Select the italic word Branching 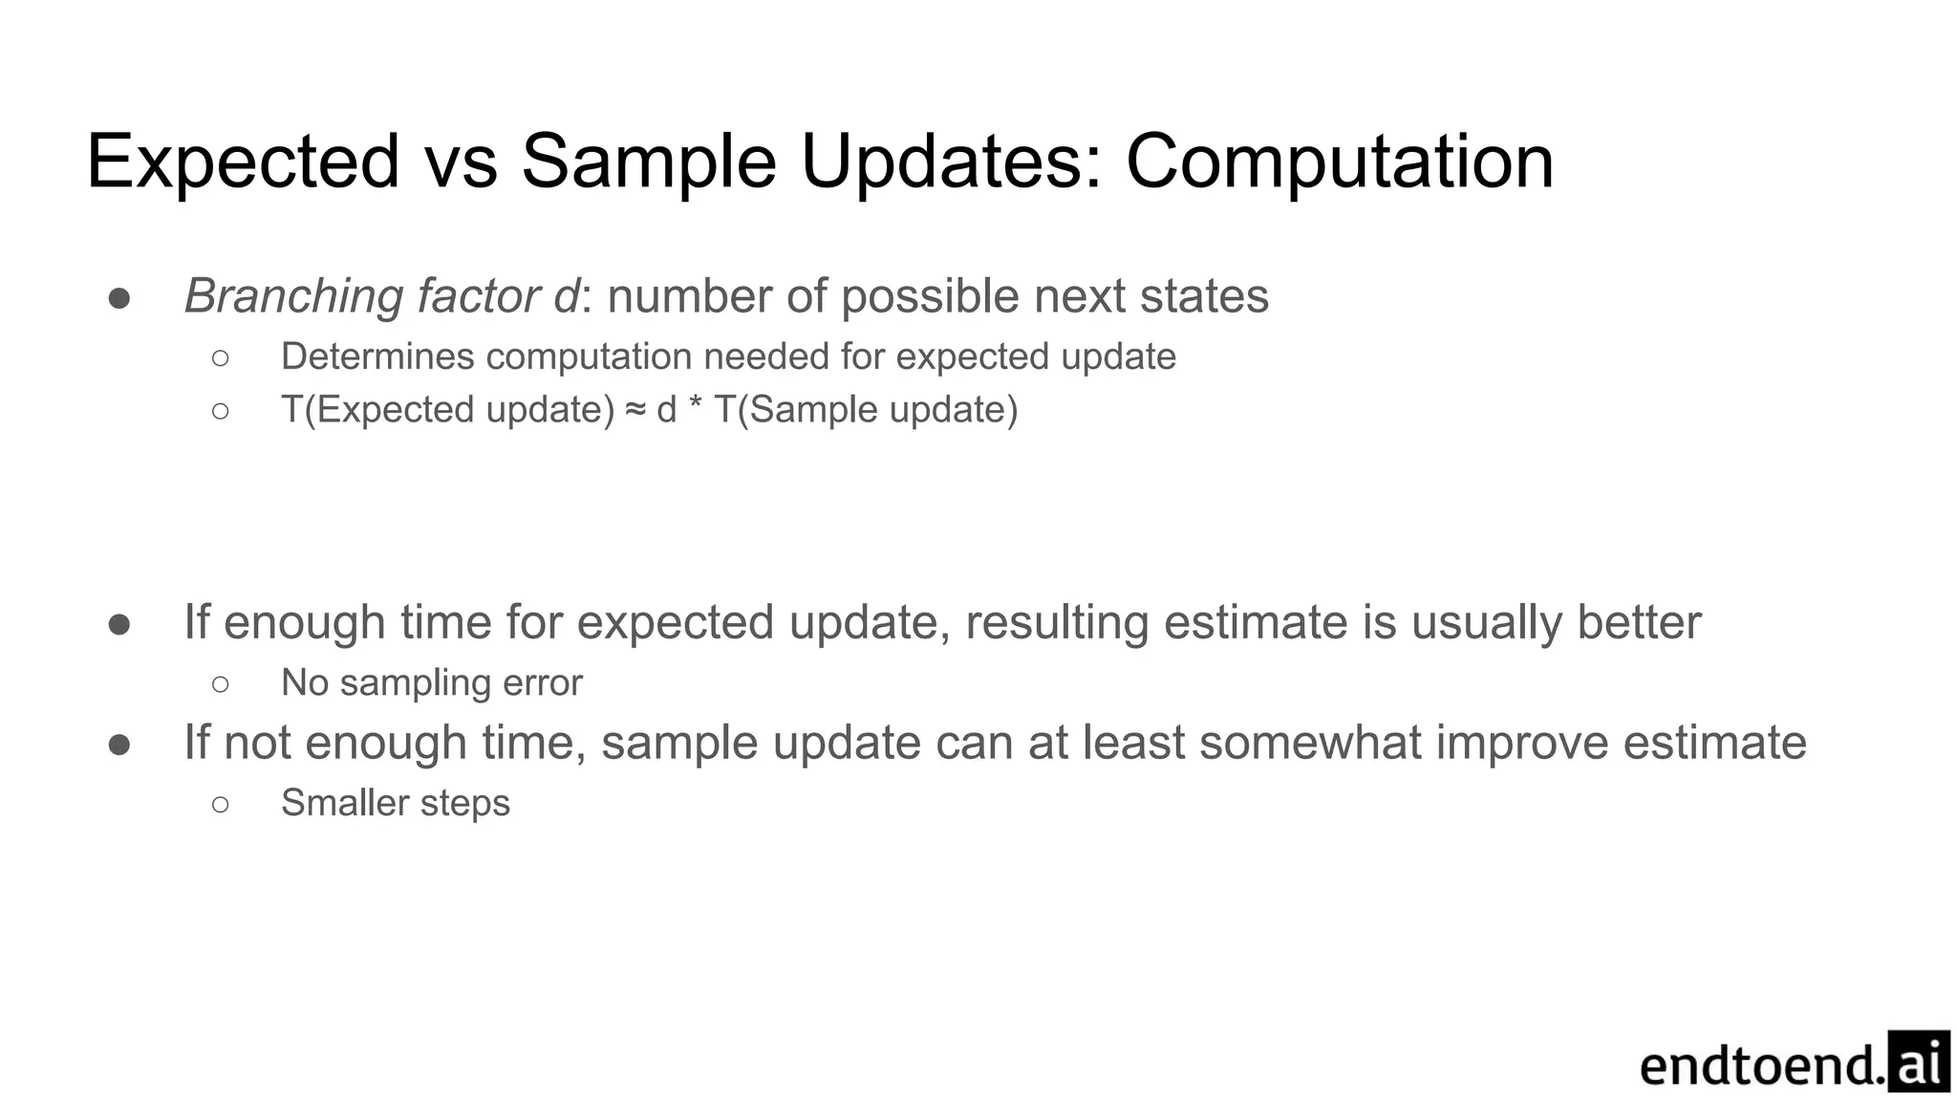click(x=293, y=296)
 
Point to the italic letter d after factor click(x=566, y=296)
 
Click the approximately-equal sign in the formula click(x=635, y=410)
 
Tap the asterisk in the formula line click(x=695, y=408)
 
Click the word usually click(x=1486, y=622)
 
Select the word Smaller click(x=344, y=803)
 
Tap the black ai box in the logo click(x=1919, y=1062)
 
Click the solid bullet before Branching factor click(x=119, y=298)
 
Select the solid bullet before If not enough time click(x=119, y=745)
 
